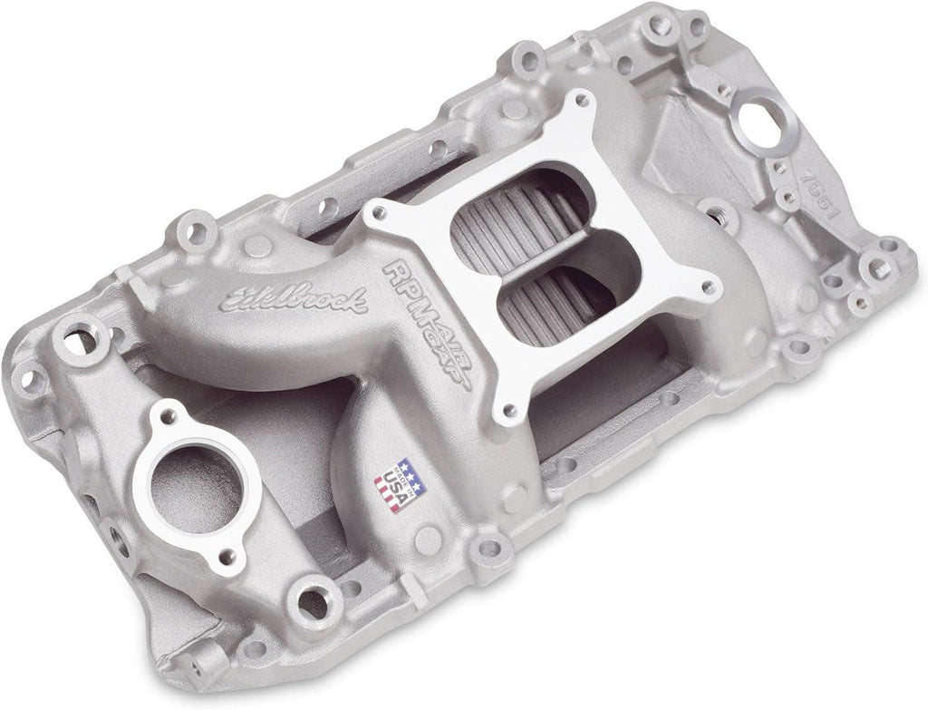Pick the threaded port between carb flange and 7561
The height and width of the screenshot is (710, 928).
coord(722,218)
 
